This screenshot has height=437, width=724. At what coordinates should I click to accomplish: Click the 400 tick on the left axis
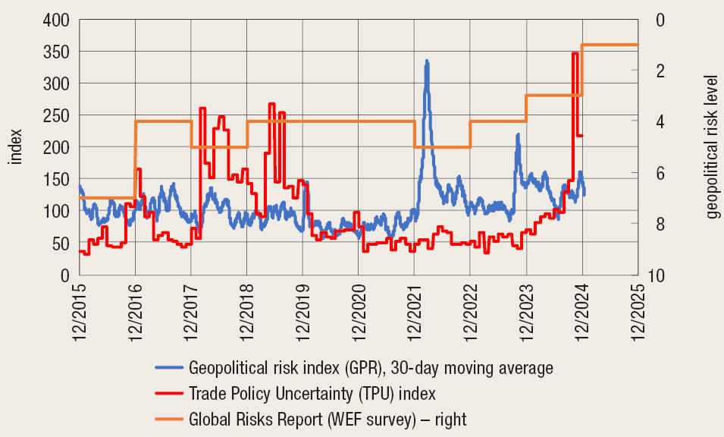[55, 20]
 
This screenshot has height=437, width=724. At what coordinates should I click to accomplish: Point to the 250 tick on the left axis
[55, 115]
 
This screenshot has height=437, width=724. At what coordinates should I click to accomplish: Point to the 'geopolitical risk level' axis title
[710, 146]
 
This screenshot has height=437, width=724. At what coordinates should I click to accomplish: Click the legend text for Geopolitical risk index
[371, 368]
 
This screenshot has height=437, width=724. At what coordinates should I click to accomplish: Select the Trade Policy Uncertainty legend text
[312, 393]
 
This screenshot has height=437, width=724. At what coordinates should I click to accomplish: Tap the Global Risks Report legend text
[328, 418]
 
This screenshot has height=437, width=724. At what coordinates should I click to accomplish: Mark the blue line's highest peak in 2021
[427, 61]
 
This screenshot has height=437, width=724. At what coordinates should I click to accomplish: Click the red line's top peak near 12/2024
[575, 53]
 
